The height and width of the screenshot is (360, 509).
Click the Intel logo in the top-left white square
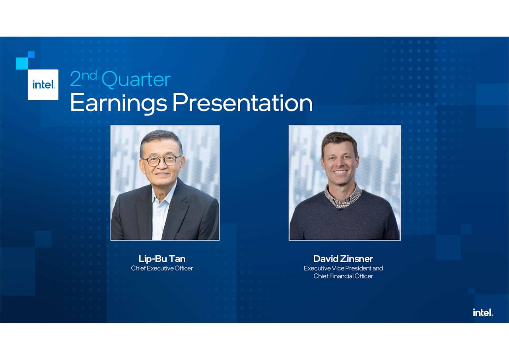[43, 84]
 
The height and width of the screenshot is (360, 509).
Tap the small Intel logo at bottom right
[483, 313]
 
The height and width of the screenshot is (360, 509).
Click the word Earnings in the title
[119, 103]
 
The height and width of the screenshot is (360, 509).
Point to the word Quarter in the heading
[136, 80]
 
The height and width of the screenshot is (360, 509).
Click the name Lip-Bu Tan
[162, 259]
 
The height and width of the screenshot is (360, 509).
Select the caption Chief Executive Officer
[162, 268]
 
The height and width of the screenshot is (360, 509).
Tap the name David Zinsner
[343, 259]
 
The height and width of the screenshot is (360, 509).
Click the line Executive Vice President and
[343, 268]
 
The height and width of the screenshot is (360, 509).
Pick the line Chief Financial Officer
[343, 276]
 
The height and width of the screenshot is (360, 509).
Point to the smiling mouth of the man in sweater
[340, 172]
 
